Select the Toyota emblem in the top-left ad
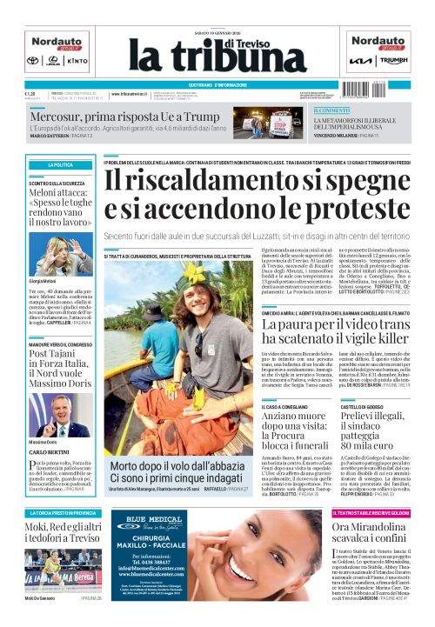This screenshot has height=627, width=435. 33,63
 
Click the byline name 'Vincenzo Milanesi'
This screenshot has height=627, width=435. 334,137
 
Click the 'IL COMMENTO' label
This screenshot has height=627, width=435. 331,110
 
